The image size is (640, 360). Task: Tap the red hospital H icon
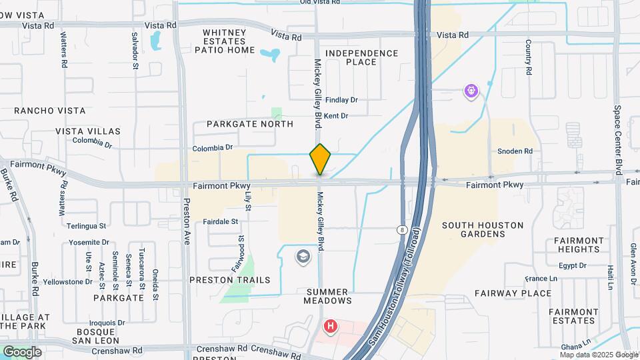[x=330, y=327]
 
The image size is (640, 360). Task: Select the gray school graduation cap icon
[x=303, y=257]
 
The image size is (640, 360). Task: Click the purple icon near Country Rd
[x=471, y=90]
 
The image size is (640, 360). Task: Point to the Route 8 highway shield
[x=401, y=229]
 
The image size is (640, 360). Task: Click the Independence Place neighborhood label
[x=361, y=57]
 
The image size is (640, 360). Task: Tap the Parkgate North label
[x=249, y=124]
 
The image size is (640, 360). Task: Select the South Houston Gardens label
[x=483, y=230]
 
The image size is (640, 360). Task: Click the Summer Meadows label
[x=327, y=296]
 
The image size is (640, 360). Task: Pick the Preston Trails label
[x=230, y=280]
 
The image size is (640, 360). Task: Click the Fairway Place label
[x=513, y=293]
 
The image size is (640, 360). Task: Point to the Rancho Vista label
[x=43, y=111]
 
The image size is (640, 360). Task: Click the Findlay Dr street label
[x=341, y=100]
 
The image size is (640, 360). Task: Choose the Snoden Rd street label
[x=515, y=151]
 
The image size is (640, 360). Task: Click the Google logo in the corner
[x=22, y=351]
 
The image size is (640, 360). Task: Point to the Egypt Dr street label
[x=572, y=265]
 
